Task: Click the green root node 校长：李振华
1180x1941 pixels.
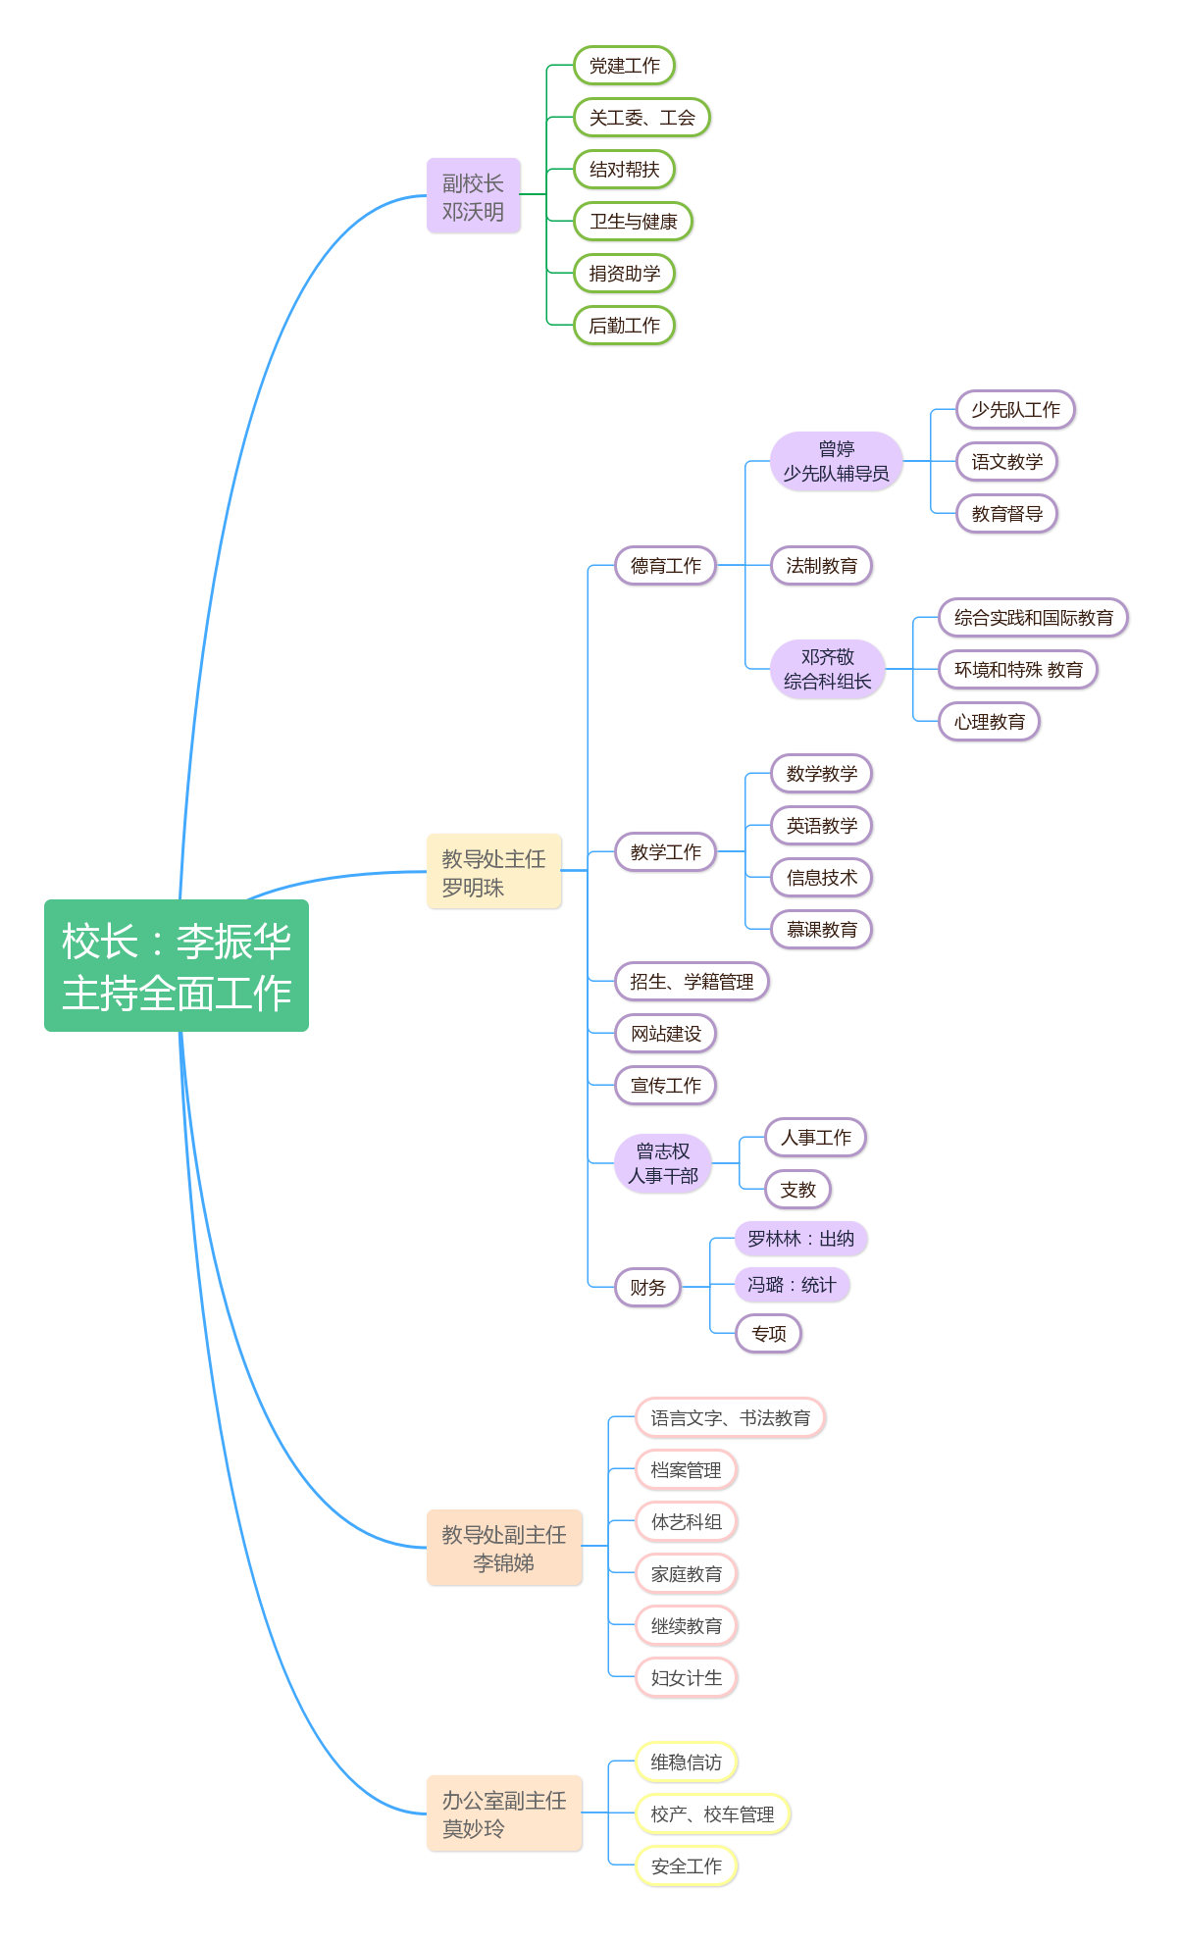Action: [x=177, y=966]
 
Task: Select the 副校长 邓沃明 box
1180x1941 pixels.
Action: [x=473, y=196]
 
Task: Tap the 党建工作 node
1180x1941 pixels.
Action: [x=624, y=66]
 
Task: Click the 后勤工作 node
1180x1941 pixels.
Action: [x=624, y=326]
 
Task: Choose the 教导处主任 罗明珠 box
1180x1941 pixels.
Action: [x=493, y=872]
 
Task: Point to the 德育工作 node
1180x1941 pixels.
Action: [x=665, y=566]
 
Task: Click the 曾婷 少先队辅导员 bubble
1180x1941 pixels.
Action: [x=836, y=461]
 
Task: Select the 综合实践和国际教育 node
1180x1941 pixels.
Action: [x=1033, y=618]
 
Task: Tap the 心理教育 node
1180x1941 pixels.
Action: [x=989, y=722]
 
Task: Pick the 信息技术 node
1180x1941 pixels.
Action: [x=821, y=878]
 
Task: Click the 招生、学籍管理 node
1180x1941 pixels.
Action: [x=692, y=982]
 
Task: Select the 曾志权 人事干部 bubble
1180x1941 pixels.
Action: [x=662, y=1163]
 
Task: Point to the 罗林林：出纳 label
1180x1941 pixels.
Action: [x=800, y=1239]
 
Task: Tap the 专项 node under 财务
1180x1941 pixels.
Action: [x=768, y=1334]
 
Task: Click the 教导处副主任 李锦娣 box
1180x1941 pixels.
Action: [x=504, y=1548]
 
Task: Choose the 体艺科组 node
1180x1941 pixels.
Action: [x=686, y=1522]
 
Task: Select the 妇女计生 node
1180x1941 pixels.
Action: [x=686, y=1678]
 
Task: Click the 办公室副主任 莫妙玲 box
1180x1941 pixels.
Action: [x=504, y=1813]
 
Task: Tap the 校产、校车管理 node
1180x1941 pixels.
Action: [x=712, y=1814]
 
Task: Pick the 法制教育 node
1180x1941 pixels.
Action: [x=821, y=566]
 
